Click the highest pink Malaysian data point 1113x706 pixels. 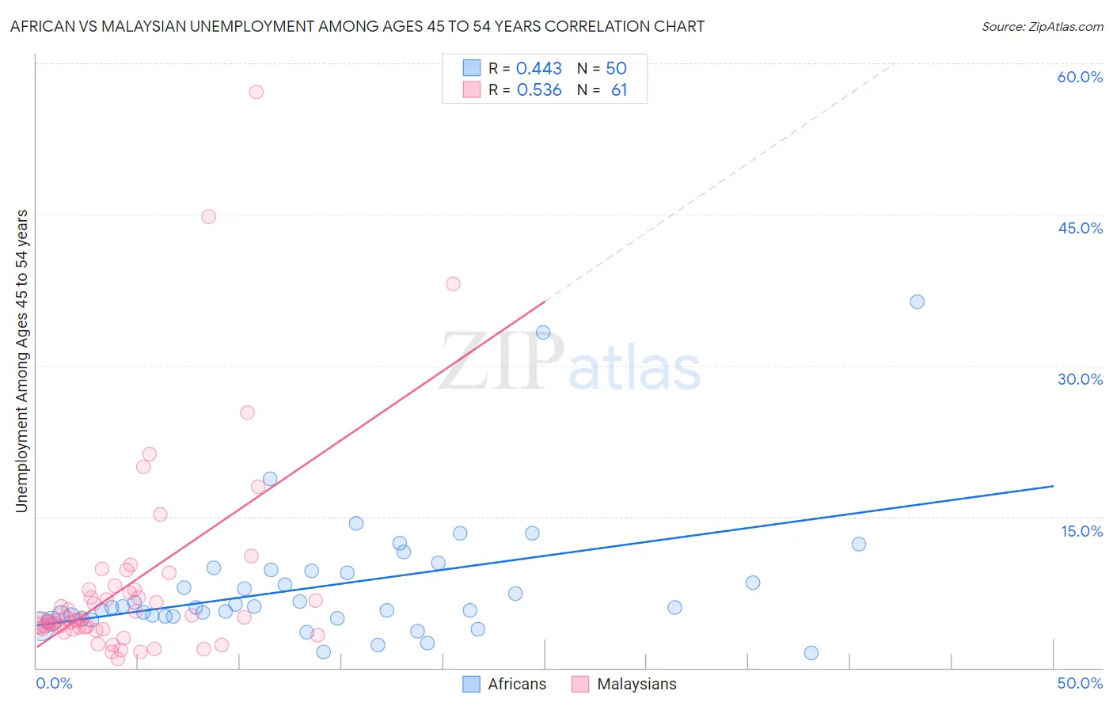256,92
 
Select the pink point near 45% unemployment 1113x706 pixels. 208,217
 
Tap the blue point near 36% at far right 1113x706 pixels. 917,302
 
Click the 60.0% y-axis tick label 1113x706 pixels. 1080,77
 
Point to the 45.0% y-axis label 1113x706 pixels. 1080,228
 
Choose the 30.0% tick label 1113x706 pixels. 1080,379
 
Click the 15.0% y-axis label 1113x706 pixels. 1081,531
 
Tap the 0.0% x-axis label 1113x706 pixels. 54,683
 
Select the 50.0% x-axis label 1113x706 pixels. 1080,683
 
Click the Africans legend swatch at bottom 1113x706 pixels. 472,684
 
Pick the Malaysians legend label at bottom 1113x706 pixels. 636,684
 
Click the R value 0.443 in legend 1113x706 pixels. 538,69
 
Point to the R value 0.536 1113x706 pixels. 538,90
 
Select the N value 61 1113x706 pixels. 619,90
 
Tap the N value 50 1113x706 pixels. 616,69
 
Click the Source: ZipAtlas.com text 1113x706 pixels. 1042,27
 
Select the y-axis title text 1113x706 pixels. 22,361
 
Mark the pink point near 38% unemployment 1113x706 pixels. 453,284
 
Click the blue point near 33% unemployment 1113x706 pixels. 543,332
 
